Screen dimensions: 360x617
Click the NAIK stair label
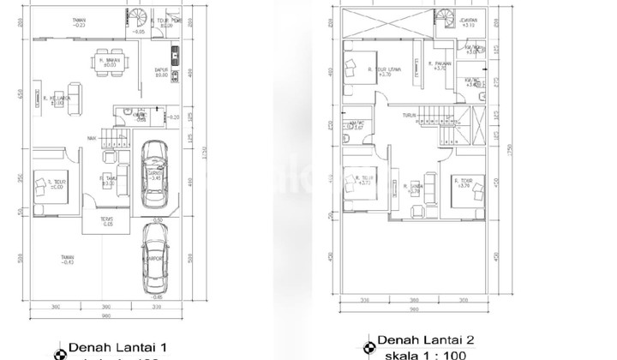click(x=91, y=137)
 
